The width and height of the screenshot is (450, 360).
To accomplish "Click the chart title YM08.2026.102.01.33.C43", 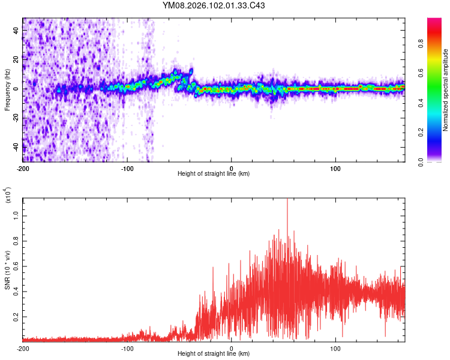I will point(214,6).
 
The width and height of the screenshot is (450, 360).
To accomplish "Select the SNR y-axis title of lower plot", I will point(7,269).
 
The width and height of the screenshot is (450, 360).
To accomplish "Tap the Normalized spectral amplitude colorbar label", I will point(446,90).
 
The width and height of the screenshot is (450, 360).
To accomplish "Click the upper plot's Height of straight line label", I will point(214,173).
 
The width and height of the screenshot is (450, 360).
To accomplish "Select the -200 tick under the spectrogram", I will point(23,168).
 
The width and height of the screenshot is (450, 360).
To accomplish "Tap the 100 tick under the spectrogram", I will point(335,168).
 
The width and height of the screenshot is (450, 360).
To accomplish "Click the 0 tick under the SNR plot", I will point(232,348).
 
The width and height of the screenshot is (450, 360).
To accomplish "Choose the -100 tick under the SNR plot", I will point(127,348).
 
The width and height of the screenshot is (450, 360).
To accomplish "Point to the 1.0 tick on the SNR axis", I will point(15,214).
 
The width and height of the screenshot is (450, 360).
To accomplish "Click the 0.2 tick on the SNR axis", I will point(15,316).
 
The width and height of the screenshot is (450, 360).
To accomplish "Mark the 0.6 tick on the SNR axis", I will point(15,265).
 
